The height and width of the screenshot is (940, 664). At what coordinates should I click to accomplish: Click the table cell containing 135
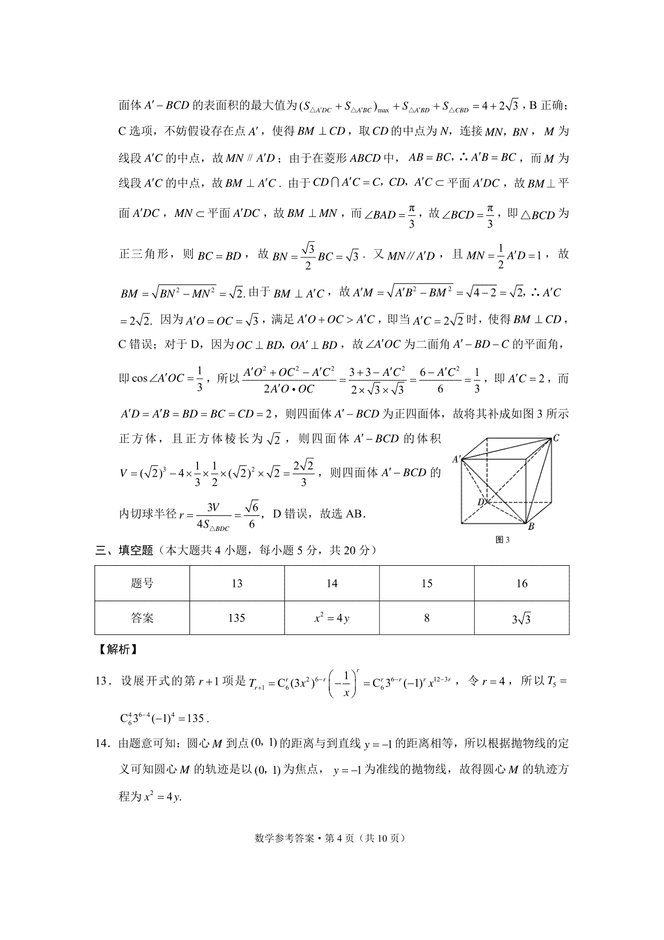pos(237,618)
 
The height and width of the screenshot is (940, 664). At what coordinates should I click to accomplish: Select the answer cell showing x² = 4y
pos(332,618)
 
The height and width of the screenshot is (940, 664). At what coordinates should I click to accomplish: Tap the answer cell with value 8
pos(427,618)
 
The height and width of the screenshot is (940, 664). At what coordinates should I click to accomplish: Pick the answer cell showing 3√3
pos(522,618)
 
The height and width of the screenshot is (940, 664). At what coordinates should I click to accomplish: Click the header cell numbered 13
pos(237,583)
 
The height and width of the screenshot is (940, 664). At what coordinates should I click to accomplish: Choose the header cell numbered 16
pos(522,583)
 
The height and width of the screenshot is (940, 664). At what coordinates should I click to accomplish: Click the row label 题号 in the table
pos(142,583)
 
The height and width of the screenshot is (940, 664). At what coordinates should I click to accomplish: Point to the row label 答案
pos(142,618)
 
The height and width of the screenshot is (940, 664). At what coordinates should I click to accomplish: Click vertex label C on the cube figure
pos(556,438)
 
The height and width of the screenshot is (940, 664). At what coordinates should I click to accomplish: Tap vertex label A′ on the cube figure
pos(457,458)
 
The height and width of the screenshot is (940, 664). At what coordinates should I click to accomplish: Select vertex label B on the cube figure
pos(531,526)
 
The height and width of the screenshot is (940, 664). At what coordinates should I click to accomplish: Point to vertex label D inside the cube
pos(482,502)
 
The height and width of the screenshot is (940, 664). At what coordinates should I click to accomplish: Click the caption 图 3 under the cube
pos(502,541)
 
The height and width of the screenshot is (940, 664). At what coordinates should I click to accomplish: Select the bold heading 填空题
pos(136,550)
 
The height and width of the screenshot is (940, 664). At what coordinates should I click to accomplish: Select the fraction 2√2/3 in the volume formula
pos(303,473)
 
